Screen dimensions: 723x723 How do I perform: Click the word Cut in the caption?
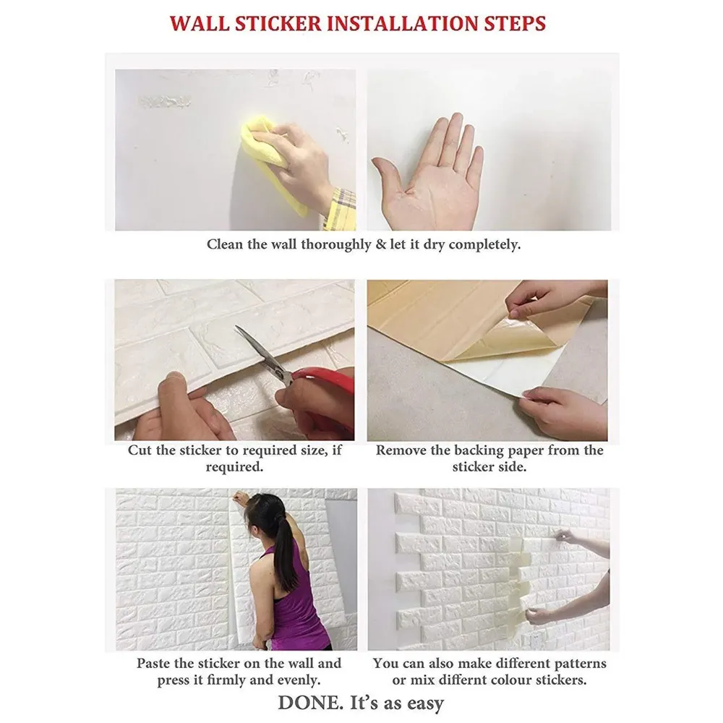point(140,450)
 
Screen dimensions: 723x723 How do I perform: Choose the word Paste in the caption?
point(155,663)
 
